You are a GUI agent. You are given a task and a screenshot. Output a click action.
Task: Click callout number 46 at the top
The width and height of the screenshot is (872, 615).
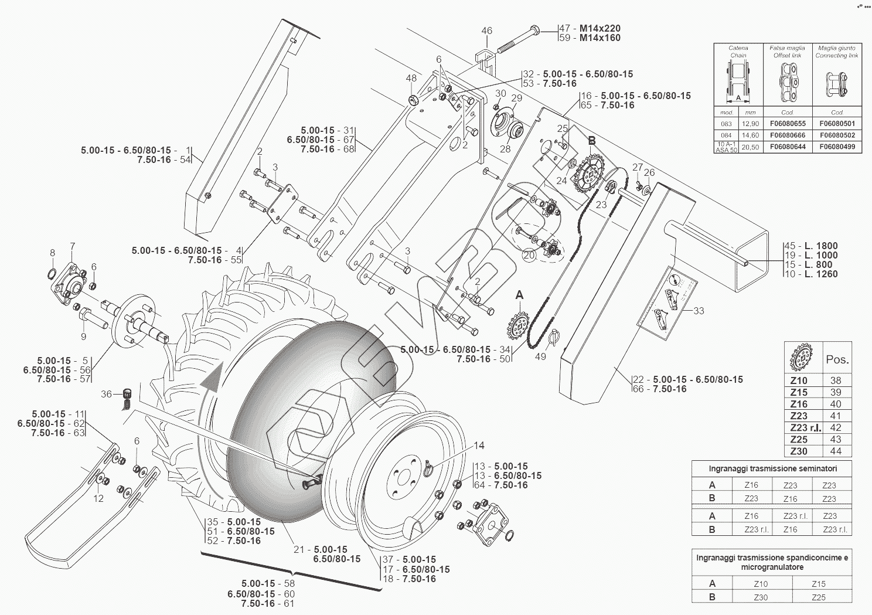tap(487, 31)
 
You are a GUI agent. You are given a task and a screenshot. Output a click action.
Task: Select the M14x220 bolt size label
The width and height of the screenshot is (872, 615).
tap(599, 28)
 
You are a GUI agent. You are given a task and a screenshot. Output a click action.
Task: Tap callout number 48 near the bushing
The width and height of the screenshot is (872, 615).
tap(411, 79)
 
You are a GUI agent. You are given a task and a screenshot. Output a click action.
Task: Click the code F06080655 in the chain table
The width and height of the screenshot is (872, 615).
tap(787, 124)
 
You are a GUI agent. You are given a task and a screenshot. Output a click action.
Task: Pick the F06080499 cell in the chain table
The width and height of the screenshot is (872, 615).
tap(837, 147)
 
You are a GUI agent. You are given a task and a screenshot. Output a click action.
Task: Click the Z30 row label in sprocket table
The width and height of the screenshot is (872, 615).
tap(799, 451)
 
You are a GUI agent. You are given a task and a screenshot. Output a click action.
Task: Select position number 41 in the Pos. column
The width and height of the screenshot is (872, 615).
tap(836, 416)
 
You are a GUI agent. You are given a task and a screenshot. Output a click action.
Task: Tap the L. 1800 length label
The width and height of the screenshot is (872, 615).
tap(820, 246)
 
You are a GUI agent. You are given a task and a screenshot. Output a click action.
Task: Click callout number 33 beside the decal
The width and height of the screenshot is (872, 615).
tap(699, 311)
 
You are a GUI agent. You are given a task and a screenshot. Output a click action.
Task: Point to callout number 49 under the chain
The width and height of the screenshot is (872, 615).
tap(540, 356)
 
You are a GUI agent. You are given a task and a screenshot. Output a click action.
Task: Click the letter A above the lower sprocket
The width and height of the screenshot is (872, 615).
tap(519, 296)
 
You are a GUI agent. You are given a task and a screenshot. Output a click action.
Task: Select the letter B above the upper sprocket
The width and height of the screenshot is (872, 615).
tap(591, 141)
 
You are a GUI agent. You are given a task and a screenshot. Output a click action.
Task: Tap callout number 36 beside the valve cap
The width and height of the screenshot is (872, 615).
tap(106, 394)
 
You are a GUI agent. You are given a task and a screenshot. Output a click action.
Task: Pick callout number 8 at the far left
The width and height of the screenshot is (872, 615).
tap(52, 253)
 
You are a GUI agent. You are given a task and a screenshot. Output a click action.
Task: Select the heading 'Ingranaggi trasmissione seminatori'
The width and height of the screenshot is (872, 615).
tap(772, 468)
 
